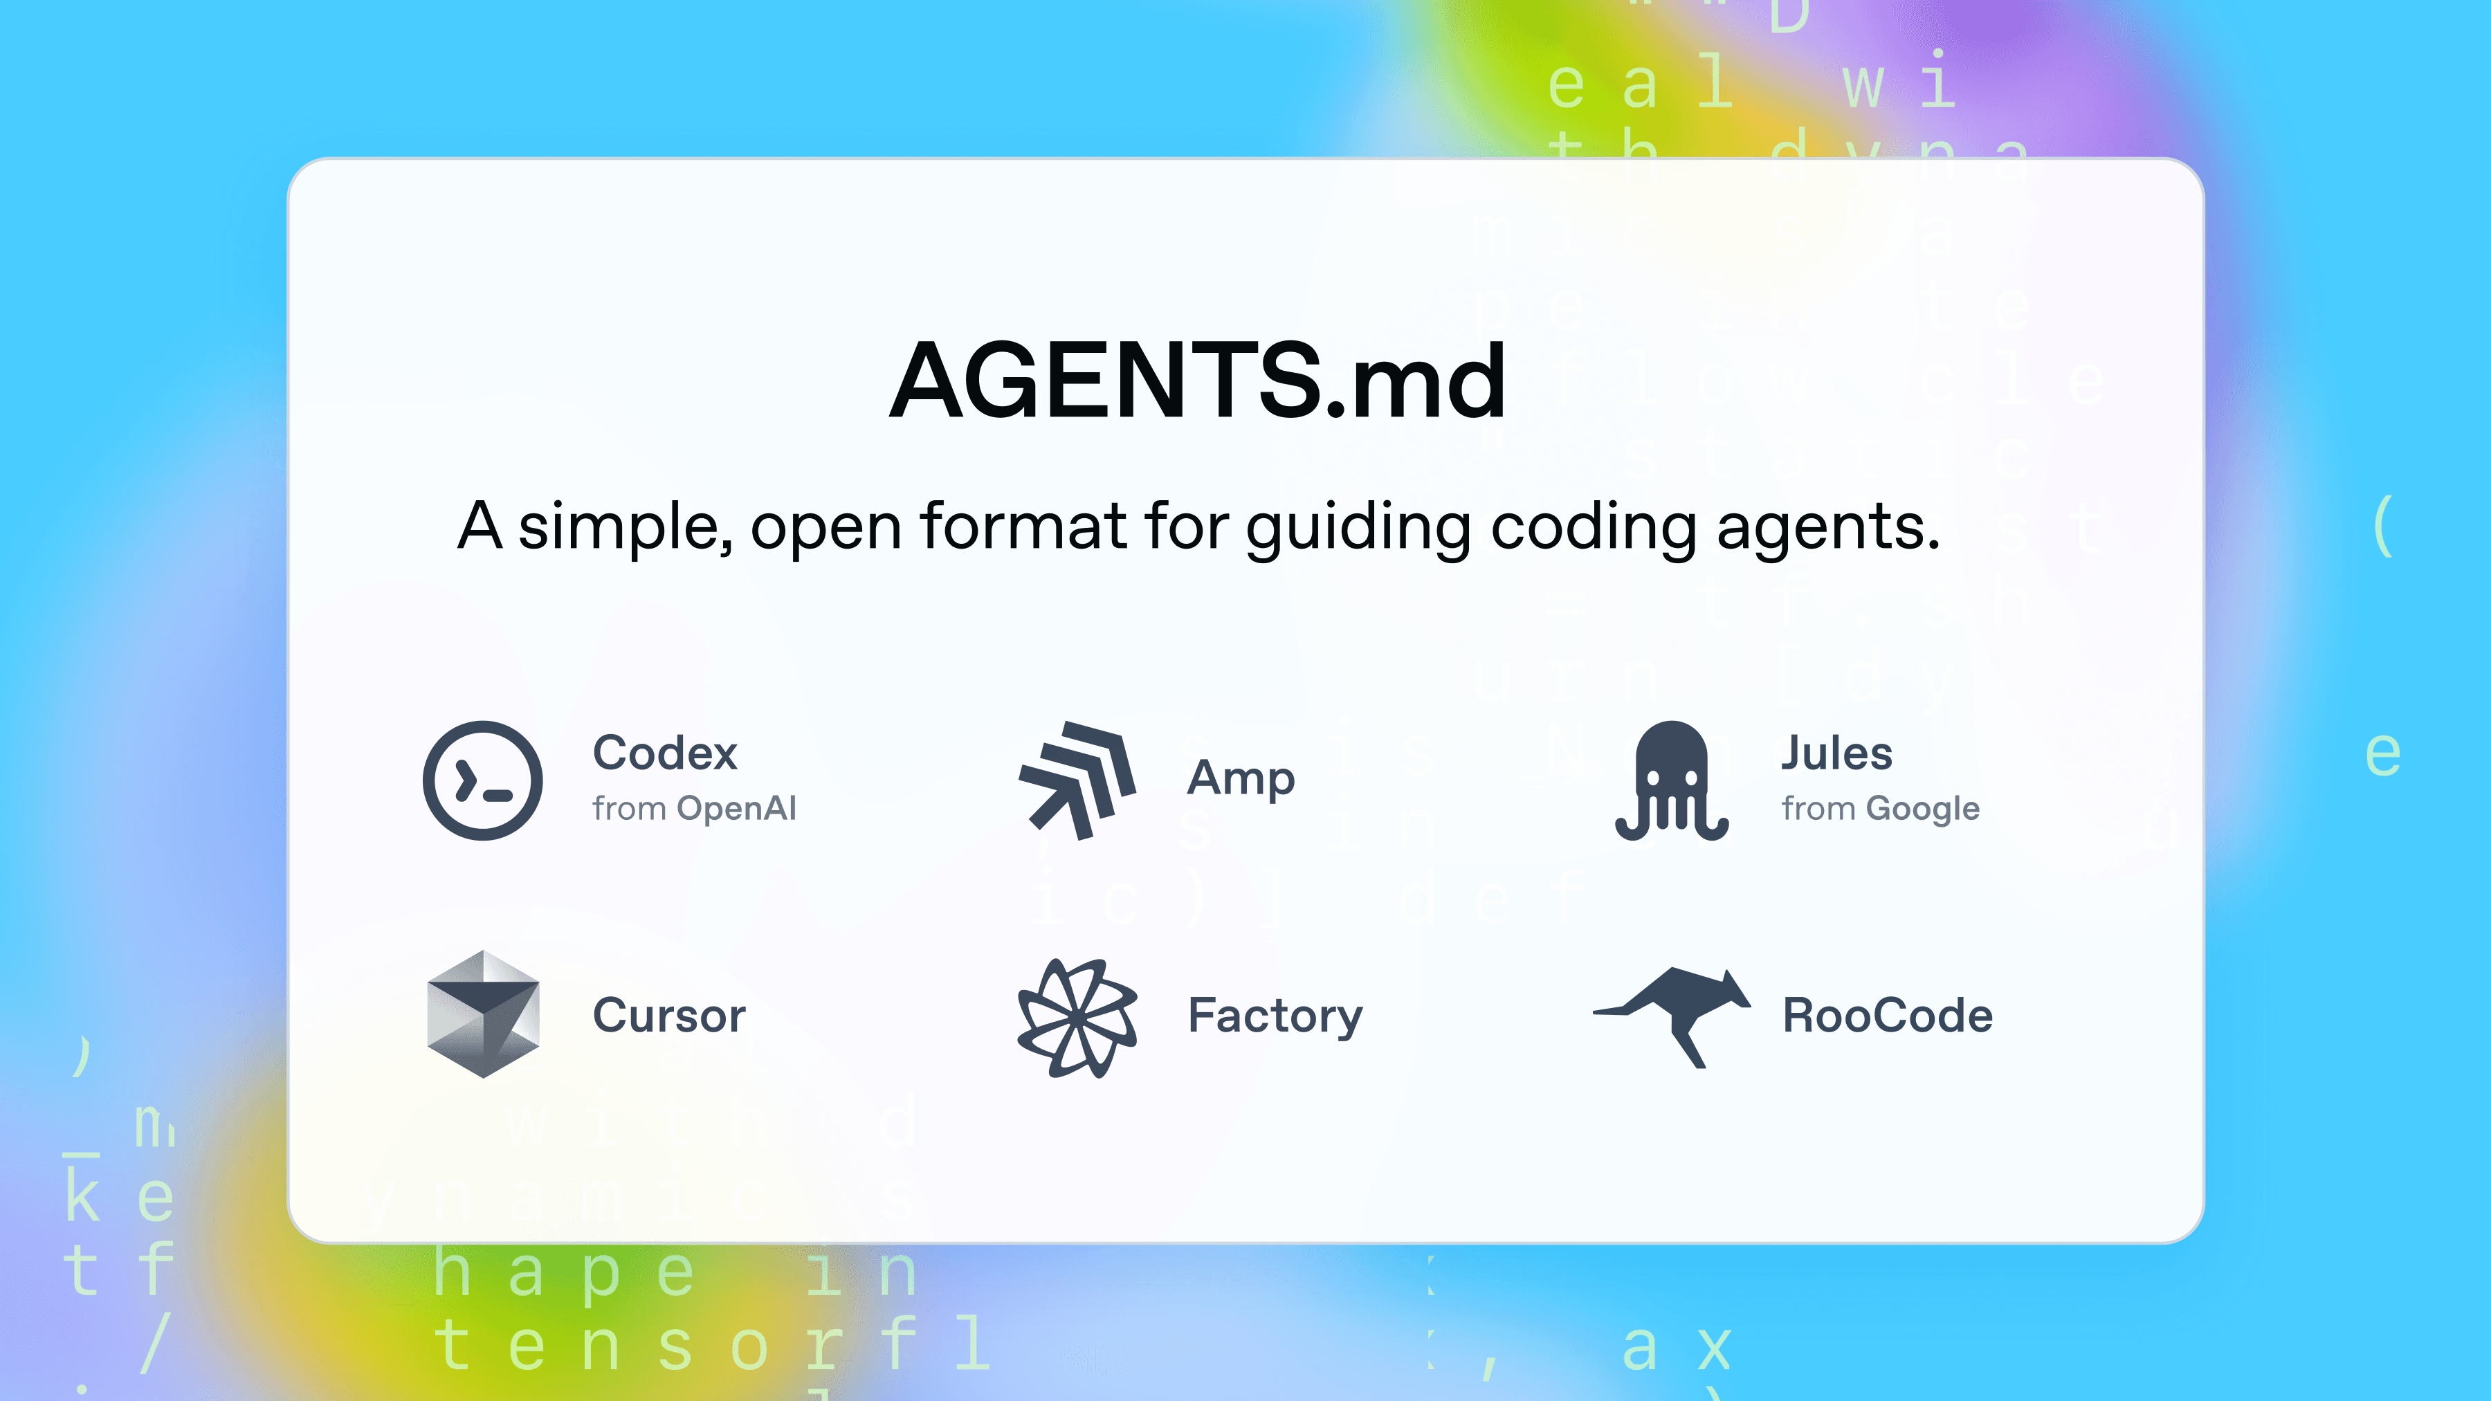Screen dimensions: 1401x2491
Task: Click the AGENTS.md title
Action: pos(1197,382)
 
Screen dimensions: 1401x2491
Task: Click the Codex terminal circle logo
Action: pos(482,780)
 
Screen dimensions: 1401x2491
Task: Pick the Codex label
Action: pos(665,753)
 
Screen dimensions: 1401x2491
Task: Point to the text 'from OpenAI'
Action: pos(694,808)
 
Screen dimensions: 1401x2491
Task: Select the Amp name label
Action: pos(1241,778)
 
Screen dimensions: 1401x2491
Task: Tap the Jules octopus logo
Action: pos(1672,780)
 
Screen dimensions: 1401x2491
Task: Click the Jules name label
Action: pos(1836,753)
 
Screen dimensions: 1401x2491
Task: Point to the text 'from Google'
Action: pos(1881,808)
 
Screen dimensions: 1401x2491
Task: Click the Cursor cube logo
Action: pos(482,1014)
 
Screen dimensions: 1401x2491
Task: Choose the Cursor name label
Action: pos(669,1015)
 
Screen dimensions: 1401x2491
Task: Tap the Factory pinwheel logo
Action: pos(1077,1018)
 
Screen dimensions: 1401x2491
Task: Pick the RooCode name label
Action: pos(1888,1015)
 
